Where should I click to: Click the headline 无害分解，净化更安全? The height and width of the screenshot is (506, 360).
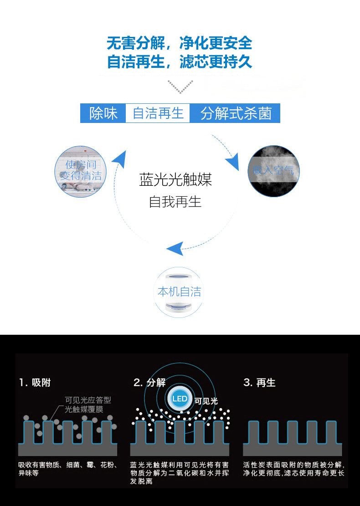point(180,43)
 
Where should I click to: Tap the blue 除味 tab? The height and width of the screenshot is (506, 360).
point(103,113)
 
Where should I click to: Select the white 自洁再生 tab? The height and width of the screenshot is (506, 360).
point(158,113)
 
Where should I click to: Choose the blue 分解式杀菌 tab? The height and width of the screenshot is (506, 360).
point(235,113)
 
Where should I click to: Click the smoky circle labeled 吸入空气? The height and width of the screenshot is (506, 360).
point(273,171)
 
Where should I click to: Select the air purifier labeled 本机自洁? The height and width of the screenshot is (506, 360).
point(179,291)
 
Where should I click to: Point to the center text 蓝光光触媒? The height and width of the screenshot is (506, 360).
point(175,180)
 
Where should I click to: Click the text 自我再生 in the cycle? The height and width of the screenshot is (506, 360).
point(175,201)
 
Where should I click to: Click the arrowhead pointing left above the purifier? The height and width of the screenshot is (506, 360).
point(175,249)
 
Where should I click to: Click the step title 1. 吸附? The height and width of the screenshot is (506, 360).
point(35,383)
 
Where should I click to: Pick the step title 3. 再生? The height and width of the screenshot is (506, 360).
point(259,383)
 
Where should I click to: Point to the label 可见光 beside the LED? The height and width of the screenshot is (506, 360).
point(206,401)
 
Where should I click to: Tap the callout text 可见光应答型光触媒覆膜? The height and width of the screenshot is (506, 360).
point(87,404)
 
